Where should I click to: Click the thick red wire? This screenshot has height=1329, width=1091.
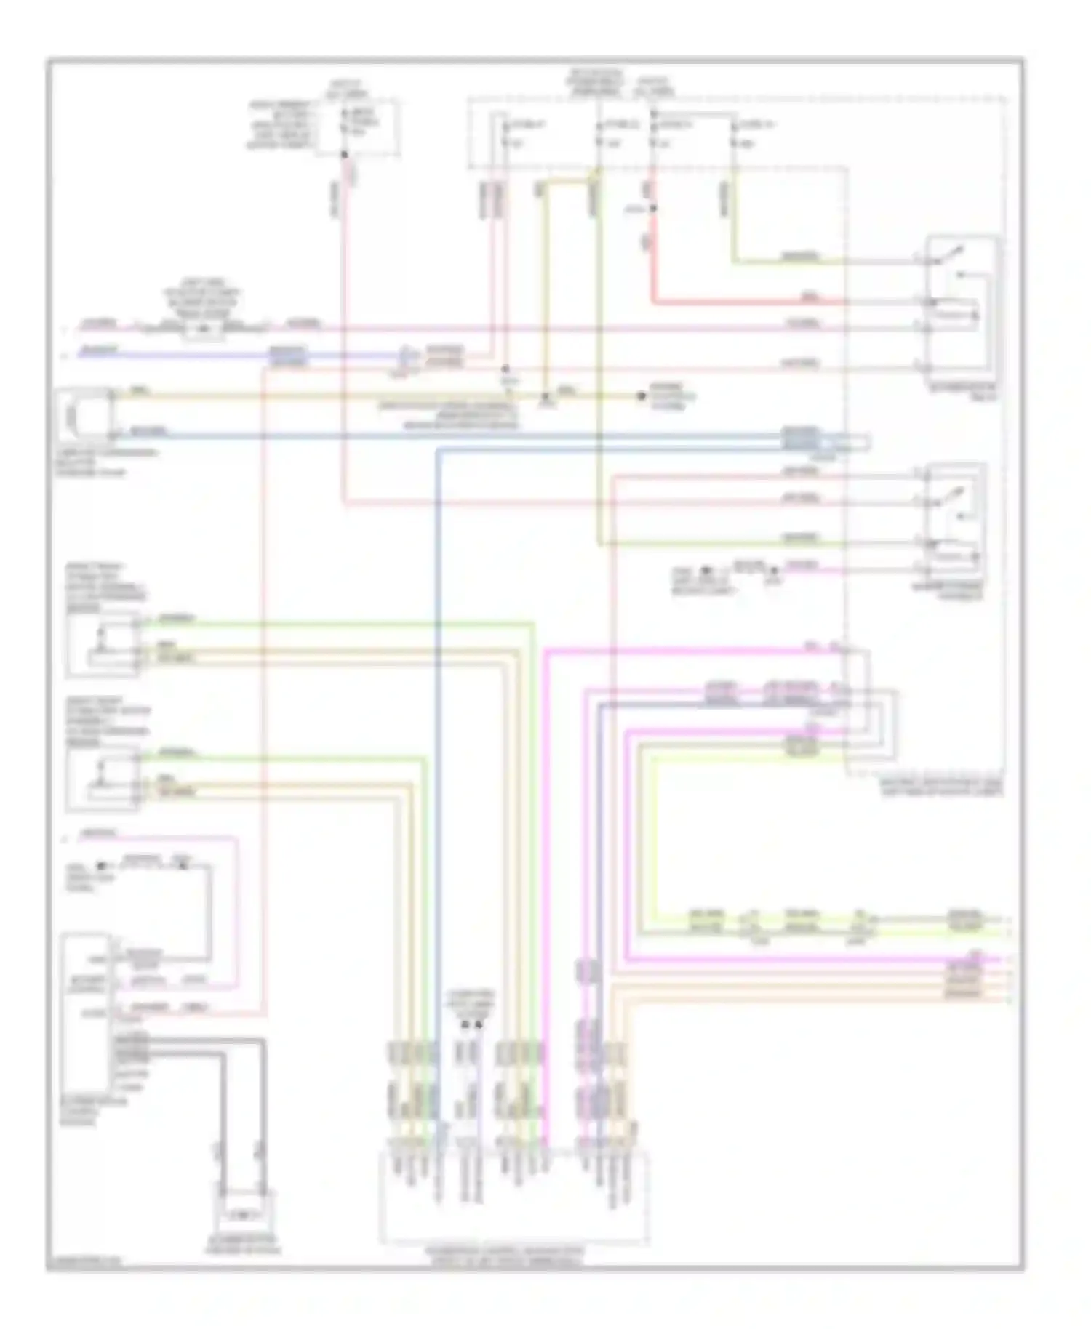point(749,302)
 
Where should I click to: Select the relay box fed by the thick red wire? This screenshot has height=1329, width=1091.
point(960,313)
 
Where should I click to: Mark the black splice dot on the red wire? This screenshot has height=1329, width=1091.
point(652,209)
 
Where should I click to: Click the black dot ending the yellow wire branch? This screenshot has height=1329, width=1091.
point(641,396)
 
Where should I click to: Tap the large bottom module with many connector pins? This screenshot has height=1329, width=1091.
point(513,1196)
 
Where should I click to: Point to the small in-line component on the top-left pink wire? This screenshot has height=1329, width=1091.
point(204,329)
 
